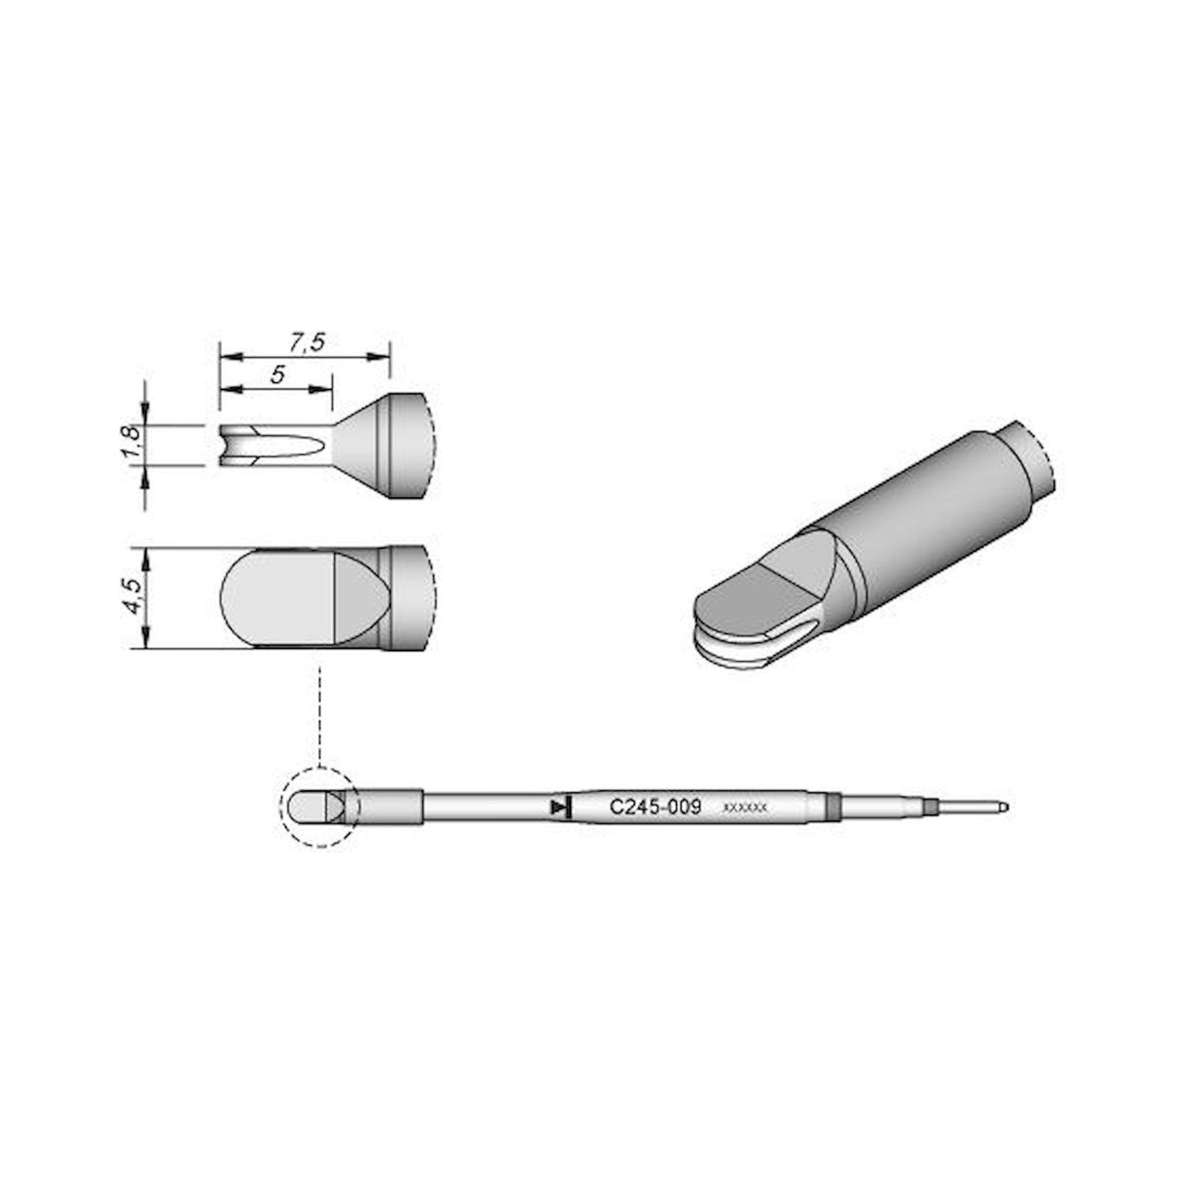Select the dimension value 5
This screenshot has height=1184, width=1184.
point(278,375)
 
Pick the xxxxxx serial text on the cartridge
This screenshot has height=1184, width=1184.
point(745,808)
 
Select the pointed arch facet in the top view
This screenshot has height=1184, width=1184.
point(359,597)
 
